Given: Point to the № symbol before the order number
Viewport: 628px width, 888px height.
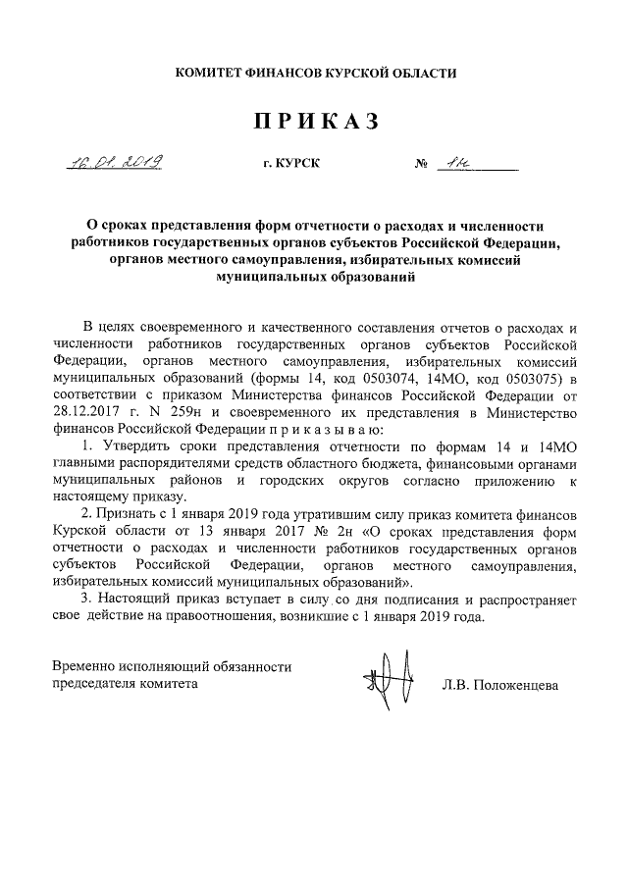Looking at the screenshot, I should [x=425, y=164].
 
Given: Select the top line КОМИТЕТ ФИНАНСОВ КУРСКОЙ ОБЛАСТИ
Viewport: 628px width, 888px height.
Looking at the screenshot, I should [x=315, y=73].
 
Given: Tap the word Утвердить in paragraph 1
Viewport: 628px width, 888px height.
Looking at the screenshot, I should [x=131, y=447].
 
